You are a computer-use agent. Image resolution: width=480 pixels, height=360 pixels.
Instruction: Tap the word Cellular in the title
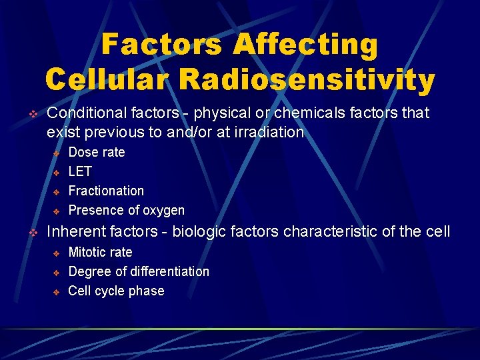click(x=107, y=80)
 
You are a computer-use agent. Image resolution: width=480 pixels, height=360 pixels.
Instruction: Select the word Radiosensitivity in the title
click(x=307, y=80)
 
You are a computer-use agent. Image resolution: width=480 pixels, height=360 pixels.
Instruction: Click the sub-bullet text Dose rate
click(x=97, y=152)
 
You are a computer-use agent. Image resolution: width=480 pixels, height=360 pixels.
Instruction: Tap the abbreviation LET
click(x=80, y=171)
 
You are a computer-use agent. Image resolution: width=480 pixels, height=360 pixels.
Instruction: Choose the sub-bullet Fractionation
click(x=106, y=191)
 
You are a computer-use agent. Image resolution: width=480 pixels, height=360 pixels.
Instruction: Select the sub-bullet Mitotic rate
click(x=100, y=253)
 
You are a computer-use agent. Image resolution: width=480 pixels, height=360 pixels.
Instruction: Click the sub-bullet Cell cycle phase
click(x=116, y=291)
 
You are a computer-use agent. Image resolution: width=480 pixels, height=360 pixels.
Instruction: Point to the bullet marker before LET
click(x=57, y=172)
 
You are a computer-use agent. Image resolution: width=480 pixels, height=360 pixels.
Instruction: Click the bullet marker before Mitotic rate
click(x=57, y=253)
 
